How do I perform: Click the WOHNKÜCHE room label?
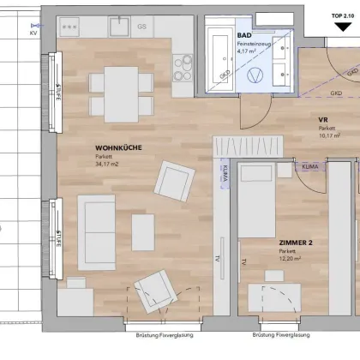[118, 148]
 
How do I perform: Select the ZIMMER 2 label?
[296, 243]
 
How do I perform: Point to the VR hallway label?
[323, 121]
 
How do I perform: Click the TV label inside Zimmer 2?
[243, 261]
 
